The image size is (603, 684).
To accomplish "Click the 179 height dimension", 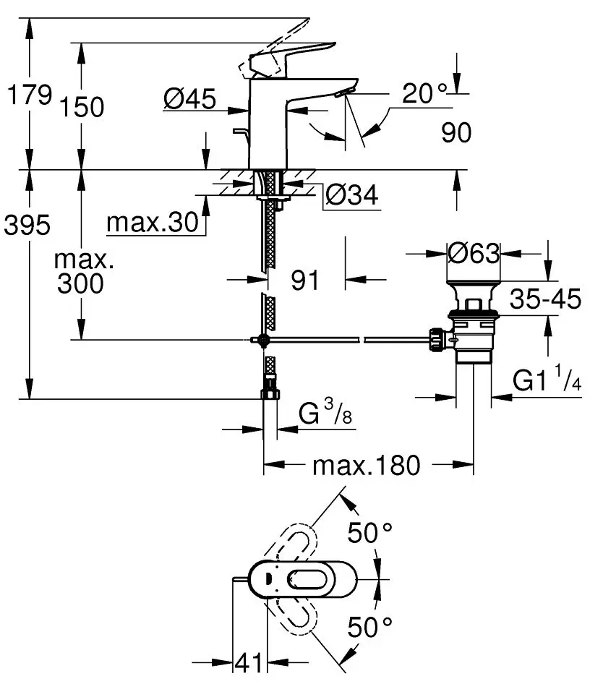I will pos(28,94).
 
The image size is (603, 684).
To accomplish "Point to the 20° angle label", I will pos(425,93).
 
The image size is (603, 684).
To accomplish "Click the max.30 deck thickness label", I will pos(152,224).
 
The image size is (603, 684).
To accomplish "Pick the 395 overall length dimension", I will pos(27,226).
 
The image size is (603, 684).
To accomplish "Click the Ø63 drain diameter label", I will pos(474,253).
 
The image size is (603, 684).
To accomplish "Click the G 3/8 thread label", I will pos(327,414).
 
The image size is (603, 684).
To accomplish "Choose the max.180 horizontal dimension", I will pos(366,466).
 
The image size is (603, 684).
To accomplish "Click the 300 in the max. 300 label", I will pos(80,283).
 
